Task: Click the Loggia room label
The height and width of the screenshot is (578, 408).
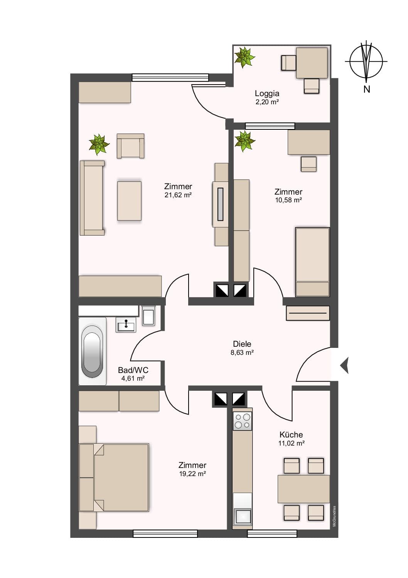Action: point(267,93)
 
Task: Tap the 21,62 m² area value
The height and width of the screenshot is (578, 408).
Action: point(178,195)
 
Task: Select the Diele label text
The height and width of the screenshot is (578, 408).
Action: point(242,344)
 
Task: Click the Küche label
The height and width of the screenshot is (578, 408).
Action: point(291,435)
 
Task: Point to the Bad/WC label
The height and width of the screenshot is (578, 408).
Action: point(133,370)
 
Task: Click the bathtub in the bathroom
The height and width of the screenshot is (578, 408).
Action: point(92,351)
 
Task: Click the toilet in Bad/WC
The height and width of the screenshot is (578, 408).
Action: point(149,315)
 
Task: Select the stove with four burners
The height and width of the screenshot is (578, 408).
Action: point(243,421)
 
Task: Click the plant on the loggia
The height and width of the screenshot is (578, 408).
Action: point(244,57)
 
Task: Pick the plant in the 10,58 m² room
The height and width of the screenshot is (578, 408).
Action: point(244,141)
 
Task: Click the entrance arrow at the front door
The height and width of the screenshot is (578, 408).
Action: point(344,365)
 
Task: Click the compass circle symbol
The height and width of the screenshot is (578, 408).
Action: point(366,61)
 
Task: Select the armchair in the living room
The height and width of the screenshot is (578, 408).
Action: point(130,146)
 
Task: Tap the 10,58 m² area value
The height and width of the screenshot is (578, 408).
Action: point(288,200)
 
